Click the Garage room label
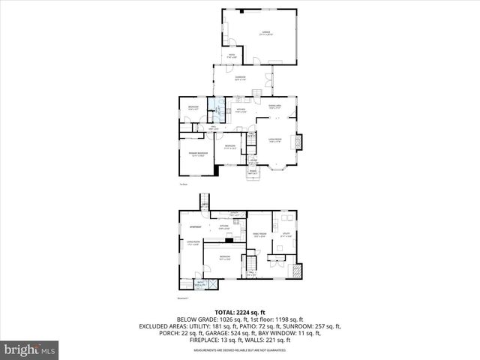pos(265,33)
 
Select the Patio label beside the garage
pos(232,55)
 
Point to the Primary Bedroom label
pos(196,155)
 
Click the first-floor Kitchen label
pos(241,111)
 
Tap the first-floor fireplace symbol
pos(301,141)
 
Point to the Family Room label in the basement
pos(257,235)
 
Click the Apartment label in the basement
pos(196,227)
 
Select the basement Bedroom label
pos(224,257)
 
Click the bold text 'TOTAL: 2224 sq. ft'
pos(240,312)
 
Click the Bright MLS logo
pos(30,349)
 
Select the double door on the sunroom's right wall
pos(272,79)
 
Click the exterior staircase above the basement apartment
pos(203,201)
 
